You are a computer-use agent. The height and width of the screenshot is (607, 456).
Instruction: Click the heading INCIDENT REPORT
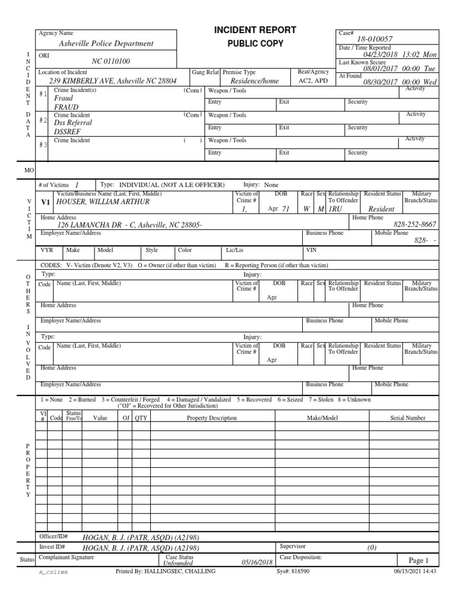(255, 30)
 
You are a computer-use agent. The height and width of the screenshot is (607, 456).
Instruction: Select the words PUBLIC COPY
(255, 44)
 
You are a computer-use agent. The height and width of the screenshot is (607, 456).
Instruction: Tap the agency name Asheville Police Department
(106, 43)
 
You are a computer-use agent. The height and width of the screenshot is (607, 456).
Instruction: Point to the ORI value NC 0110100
(111, 61)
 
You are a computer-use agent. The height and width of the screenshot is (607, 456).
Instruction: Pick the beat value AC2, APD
(312, 81)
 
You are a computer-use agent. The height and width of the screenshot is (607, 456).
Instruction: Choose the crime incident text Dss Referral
(71, 123)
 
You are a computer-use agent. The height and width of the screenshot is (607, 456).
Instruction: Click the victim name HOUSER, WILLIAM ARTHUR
(103, 202)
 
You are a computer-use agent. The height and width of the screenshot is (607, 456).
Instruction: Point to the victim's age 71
(286, 209)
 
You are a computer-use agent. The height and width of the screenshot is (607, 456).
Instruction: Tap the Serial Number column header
(407, 418)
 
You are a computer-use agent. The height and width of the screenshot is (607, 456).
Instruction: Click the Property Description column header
(211, 418)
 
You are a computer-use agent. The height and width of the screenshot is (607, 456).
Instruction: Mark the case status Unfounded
(178, 563)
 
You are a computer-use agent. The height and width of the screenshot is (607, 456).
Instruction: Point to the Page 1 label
(418, 560)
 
